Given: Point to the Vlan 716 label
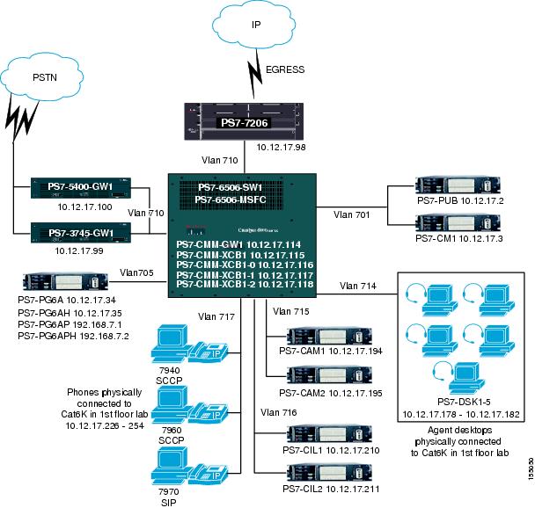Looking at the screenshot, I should click(279, 410).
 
